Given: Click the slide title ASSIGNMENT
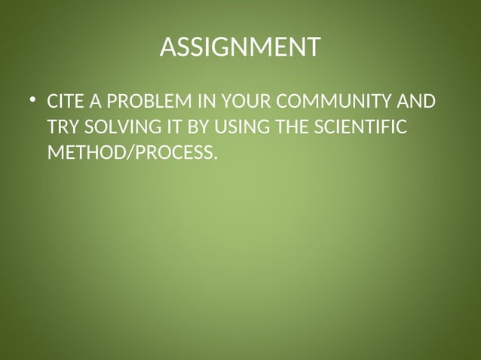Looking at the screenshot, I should (x=240, y=47).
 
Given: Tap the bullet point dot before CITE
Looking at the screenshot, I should (x=32, y=100).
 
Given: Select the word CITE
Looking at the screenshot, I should (x=63, y=102).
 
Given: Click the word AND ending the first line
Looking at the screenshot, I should (x=416, y=102).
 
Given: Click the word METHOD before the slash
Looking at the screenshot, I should (x=81, y=153).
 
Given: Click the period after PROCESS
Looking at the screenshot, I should (x=214, y=157).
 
